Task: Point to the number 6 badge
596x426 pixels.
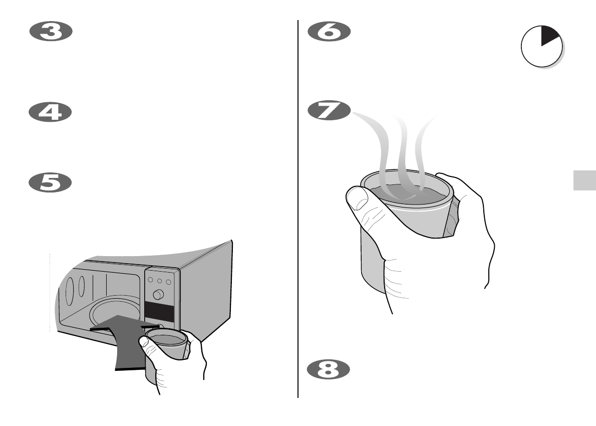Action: [329, 33]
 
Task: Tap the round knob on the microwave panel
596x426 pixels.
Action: [159, 294]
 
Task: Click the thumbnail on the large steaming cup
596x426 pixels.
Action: [357, 197]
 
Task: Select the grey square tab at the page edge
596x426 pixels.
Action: [584, 179]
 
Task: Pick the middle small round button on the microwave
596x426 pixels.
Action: [160, 281]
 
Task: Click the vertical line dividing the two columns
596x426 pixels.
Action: [299, 210]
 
